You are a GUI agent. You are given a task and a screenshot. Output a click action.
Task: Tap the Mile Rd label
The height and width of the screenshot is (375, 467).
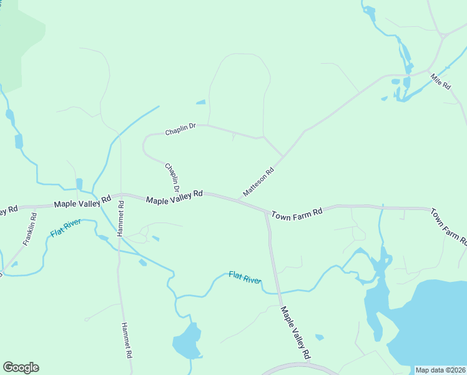click(x=440, y=81)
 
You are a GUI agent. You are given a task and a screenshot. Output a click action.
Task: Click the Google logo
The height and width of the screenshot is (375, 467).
click(x=21, y=367)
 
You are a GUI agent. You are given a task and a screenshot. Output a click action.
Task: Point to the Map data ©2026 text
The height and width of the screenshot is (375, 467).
click(x=440, y=370)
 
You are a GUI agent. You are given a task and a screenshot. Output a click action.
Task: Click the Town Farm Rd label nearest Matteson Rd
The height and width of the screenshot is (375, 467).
click(x=297, y=213)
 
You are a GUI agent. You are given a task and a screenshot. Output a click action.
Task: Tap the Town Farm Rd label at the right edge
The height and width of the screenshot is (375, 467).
click(x=448, y=226)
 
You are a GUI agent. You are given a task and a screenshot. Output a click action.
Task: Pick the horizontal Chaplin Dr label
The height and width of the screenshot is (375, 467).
click(x=180, y=129)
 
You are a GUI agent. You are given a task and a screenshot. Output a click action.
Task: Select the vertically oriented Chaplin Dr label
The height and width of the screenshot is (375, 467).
click(x=172, y=177)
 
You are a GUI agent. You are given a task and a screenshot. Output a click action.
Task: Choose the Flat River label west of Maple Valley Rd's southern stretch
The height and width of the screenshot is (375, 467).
click(x=245, y=277)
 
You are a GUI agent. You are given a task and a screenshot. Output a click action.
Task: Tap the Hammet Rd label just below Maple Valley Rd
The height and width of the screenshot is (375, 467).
click(x=120, y=218)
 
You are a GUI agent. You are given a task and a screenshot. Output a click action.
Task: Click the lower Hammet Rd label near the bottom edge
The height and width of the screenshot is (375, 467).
click(x=127, y=339)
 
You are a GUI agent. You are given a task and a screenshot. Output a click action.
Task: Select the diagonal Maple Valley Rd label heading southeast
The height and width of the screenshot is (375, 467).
click(x=295, y=332)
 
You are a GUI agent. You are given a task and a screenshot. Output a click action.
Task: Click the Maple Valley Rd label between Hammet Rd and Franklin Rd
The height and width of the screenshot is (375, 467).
click(x=82, y=202)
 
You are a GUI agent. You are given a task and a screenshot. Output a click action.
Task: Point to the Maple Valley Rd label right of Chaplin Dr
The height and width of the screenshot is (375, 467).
click(x=175, y=197)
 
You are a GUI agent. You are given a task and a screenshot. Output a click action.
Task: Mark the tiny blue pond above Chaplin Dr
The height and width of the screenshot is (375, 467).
click(x=200, y=102)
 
